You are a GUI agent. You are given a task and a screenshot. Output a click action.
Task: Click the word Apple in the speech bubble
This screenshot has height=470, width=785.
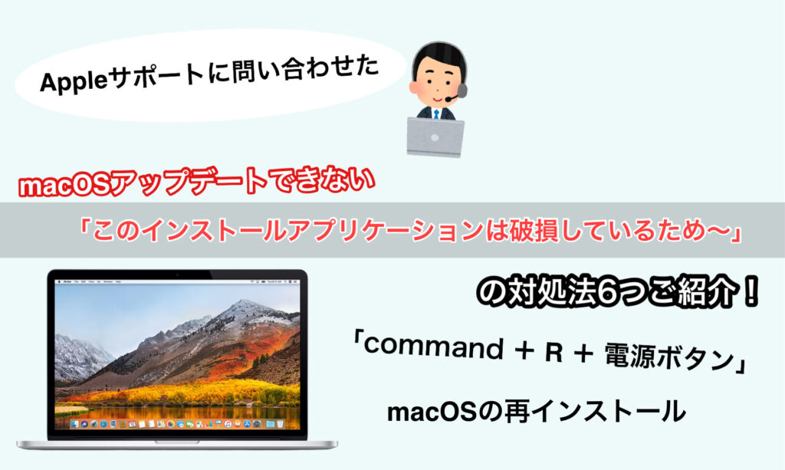pos(73,81)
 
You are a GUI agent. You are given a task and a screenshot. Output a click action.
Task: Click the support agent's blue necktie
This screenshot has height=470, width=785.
pos(436,114)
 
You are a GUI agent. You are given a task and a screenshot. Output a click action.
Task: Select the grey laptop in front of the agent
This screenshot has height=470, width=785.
pos(435,136)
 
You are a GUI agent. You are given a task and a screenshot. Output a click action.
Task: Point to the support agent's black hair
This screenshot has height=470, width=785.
pos(438,56)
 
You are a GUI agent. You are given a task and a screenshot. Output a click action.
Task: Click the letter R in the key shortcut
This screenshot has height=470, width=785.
pos(554,353)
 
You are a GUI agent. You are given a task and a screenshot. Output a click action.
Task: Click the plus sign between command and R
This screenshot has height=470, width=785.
pos(524,351)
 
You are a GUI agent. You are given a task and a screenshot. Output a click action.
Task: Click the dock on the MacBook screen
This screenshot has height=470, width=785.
pos(177,424)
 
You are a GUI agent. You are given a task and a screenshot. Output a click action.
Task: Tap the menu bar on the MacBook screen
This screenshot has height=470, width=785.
pos(177,282)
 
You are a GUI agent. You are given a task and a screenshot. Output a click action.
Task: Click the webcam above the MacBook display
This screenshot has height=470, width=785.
pos(177,274)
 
